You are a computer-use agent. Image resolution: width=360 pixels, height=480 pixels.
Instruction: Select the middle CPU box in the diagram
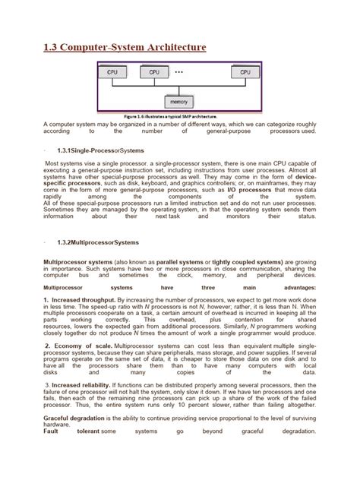(154, 72)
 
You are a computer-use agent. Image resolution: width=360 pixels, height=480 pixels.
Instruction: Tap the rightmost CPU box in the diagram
(245, 72)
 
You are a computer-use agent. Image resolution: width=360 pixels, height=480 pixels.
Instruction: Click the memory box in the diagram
(180, 100)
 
